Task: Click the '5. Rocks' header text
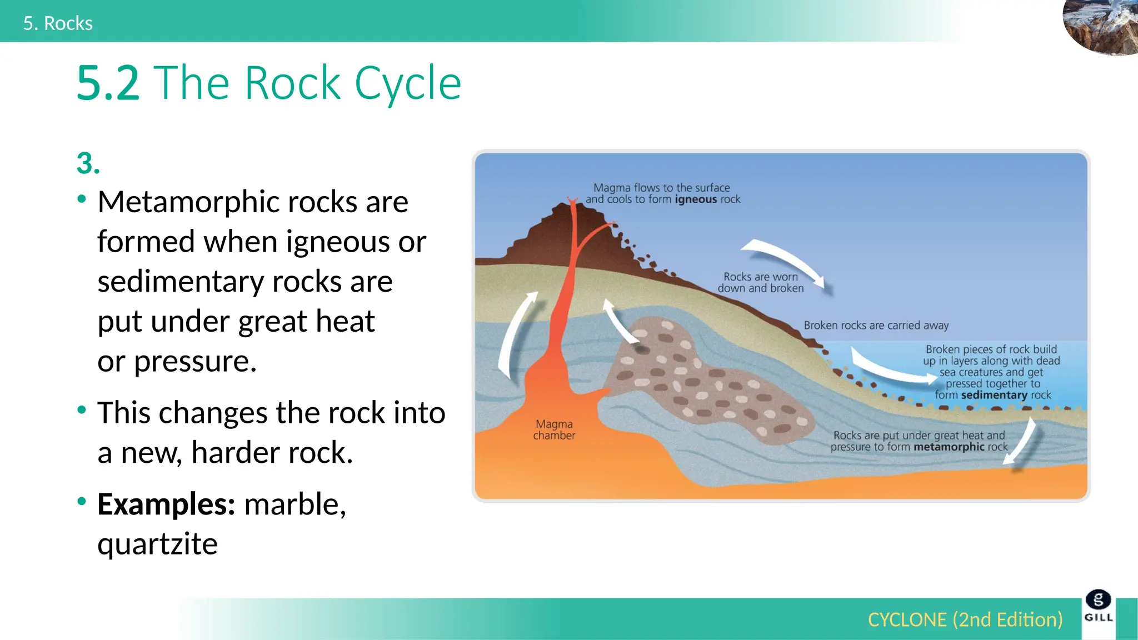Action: point(58,23)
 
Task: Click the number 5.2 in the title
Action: point(108,83)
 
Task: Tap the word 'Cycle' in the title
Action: point(407,83)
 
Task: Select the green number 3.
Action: point(88,163)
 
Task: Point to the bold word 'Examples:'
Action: point(166,504)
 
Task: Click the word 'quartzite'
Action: point(157,544)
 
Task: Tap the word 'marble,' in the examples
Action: point(295,504)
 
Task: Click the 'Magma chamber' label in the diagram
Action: point(554,430)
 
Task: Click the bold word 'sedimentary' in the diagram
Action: point(994,395)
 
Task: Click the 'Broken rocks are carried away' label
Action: point(876,325)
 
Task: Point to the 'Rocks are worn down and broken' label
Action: point(761,282)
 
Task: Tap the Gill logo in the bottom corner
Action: point(1099,607)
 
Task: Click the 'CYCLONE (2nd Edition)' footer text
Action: point(965,619)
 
